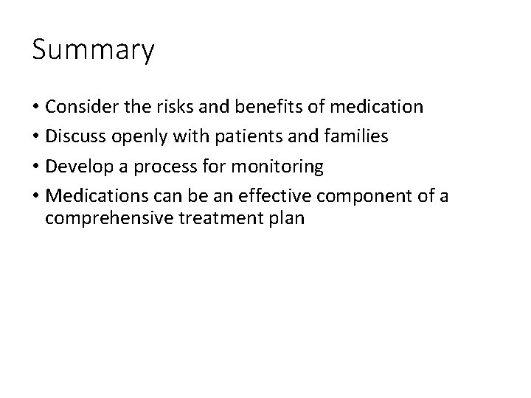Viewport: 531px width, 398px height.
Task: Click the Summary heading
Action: tap(93, 51)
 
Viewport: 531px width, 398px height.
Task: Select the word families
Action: tap(358, 137)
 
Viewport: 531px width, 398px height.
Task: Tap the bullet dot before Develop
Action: tap(35, 168)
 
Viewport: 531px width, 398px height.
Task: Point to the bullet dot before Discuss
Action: tap(35, 138)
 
